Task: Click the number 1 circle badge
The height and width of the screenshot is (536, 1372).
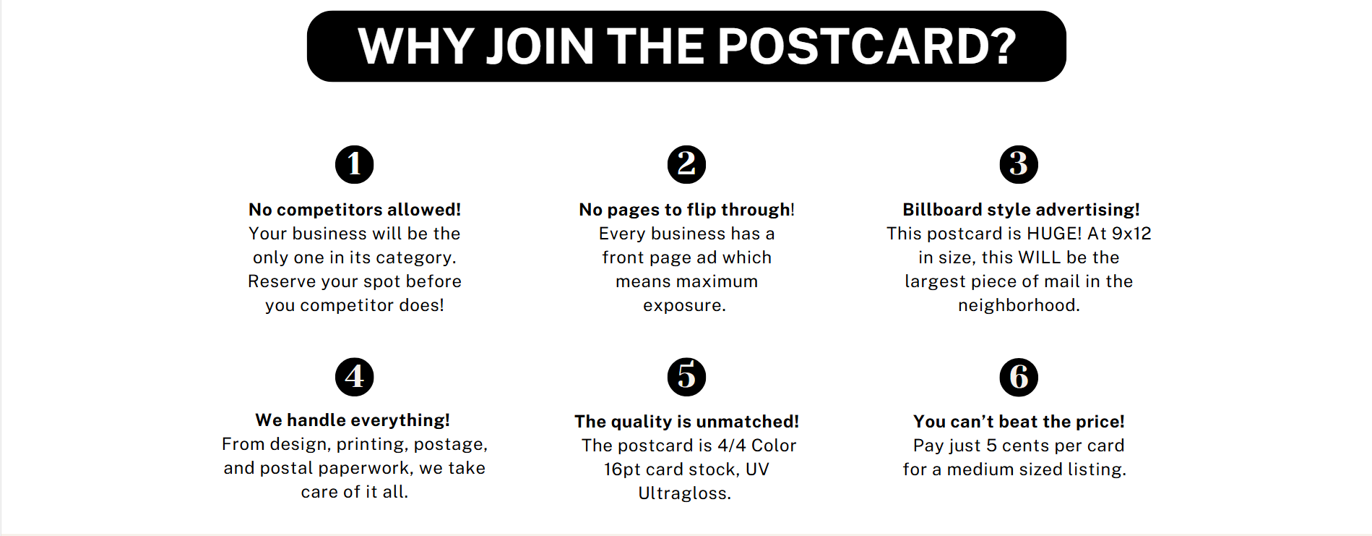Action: [x=354, y=164]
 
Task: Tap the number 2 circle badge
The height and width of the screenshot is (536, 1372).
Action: [x=686, y=164]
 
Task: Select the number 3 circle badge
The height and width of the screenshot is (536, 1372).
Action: [x=1019, y=164]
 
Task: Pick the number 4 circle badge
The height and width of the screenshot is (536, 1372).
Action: [x=354, y=377]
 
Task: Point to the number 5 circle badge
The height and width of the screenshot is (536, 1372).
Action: [x=686, y=377]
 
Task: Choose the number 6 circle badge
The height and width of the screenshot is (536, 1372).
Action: [x=1019, y=377]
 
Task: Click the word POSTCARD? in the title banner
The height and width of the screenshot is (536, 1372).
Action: [x=867, y=46]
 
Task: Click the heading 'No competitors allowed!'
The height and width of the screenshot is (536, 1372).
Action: [x=355, y=210]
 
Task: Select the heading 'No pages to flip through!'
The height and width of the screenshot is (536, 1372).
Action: [x=686, y=210]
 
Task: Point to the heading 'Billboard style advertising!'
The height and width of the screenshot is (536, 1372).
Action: [x=1021, y=210]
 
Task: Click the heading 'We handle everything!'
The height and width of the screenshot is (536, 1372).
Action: [x=353, y=420]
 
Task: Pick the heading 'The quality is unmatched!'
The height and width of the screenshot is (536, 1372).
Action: [x=686, y=422]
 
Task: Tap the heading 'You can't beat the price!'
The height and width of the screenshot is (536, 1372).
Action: [x=1019, y=422]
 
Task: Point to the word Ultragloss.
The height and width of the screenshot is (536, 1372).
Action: [x=684, y=493]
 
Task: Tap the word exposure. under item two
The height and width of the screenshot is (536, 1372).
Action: [x=684, y=306]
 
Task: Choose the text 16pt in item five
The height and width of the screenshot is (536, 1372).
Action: [x=622, y=469]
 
